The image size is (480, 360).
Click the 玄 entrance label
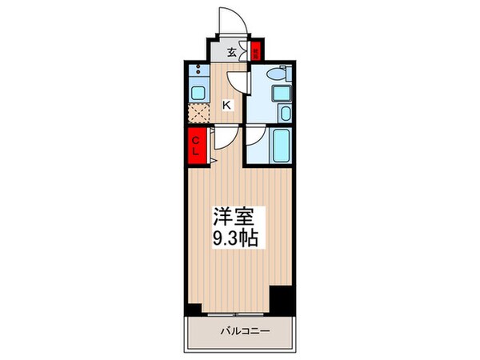coord(231,54)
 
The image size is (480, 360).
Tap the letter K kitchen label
coord(226,104)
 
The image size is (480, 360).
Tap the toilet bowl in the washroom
coord(274,74)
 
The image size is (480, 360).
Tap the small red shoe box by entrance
coord(255,54)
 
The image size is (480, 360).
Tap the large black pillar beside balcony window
coord(281,301)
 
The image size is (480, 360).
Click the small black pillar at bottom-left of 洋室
coord(191,309)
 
